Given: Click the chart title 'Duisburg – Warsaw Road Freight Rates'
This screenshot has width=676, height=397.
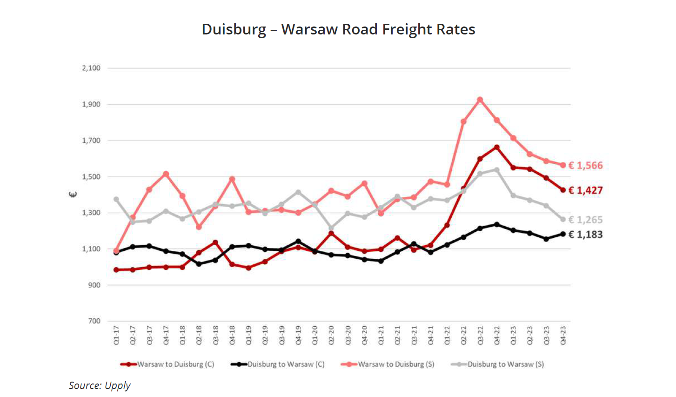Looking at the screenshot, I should coord(338,29).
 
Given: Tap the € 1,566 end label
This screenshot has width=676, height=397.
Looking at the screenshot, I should coord(585,166).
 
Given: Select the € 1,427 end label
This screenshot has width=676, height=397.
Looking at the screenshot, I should coord(585,190).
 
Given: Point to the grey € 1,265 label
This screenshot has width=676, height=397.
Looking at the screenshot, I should coord(585,220).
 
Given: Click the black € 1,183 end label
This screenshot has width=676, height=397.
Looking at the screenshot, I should coord(585,235).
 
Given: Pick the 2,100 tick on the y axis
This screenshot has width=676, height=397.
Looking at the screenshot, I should coord(91,68).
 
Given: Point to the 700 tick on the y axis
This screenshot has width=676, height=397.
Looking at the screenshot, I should coord(94,321).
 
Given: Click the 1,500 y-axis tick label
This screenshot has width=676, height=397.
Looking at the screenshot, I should coord(91,177).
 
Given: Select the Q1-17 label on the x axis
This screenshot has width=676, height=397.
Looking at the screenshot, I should coord(116,335).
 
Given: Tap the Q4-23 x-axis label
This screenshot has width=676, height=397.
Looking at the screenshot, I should coord(563,335).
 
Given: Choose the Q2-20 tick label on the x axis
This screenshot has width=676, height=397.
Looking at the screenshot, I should coord(332,335).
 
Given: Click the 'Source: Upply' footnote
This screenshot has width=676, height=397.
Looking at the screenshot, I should coord(100,385).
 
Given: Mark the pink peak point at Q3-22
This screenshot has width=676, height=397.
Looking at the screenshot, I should coord(480,100).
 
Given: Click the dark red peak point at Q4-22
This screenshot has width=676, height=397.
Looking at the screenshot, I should coord(497,148).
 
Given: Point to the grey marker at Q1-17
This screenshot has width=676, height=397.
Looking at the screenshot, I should coord(116,199).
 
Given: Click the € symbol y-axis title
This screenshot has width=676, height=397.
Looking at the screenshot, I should coord(73,195).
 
